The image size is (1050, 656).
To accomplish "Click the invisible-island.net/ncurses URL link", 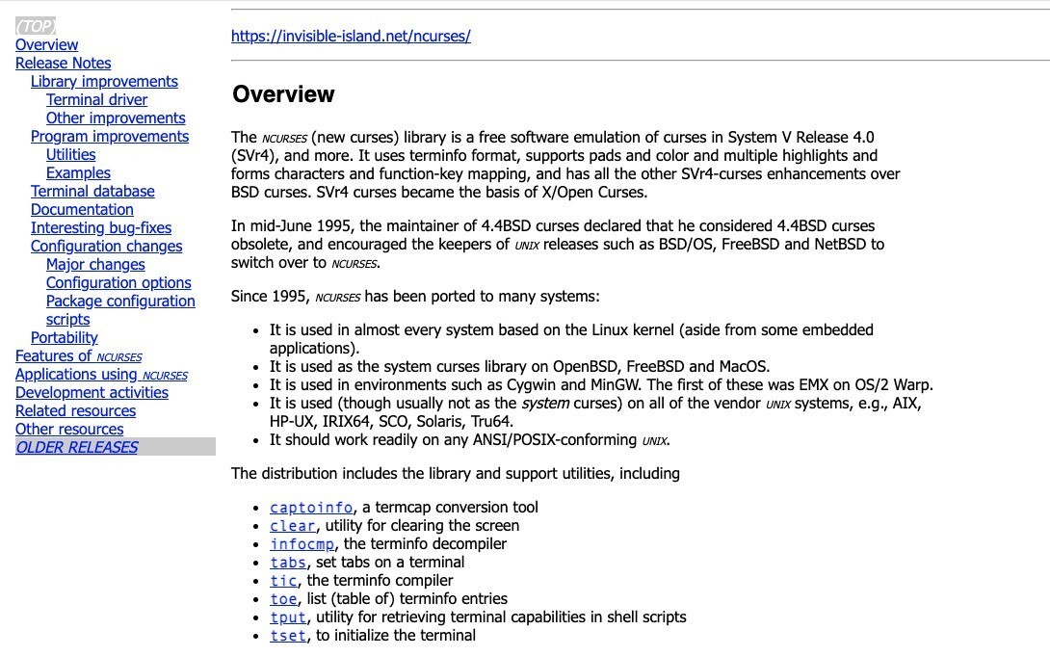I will point(351,37).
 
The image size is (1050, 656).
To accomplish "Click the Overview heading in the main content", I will point(283,94).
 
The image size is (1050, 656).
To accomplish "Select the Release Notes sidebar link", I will point(63,64).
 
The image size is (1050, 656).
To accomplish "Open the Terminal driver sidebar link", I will point(96,100).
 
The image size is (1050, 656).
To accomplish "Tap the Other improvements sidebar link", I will point(116,118).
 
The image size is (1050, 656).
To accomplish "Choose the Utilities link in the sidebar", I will point(70,155).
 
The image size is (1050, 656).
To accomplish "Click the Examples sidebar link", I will point(78,173).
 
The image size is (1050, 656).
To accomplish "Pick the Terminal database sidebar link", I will point(92,192).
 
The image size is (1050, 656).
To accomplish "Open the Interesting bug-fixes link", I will point(100,228).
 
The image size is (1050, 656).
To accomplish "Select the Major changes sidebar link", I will point(95,265).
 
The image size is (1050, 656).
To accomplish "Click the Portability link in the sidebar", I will point(64,338).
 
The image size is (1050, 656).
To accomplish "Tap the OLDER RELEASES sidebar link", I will point(77,448).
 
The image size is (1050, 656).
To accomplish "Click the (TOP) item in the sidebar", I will point(36,27).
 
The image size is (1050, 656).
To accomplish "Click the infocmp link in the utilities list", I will point(302,544).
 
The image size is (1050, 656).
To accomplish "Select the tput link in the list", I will point(288,617).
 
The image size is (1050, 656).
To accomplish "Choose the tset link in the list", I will point(288,636).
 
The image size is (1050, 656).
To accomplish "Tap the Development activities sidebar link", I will point(92,393).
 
